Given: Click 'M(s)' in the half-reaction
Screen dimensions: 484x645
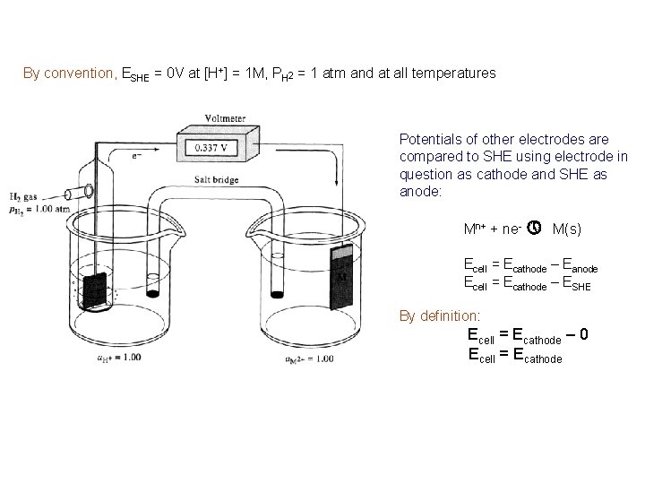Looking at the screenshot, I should (567, 230).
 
